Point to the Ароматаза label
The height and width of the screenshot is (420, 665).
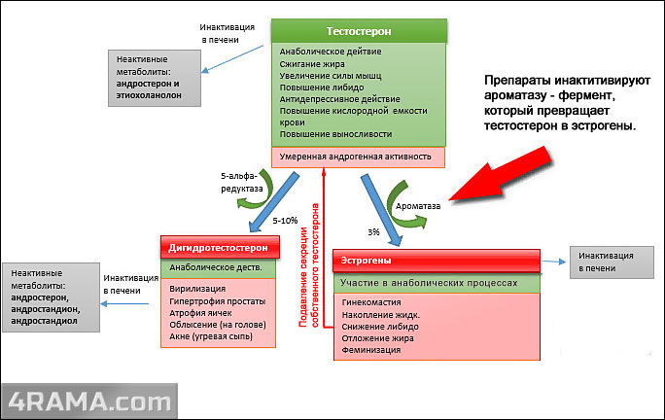(418, 206)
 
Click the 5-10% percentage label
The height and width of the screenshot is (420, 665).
(286, 221)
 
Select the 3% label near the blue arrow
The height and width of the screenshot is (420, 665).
(373, 232)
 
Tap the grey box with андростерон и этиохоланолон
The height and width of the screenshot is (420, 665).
(156, 71)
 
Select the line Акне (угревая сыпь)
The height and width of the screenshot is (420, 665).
(209, 336)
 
